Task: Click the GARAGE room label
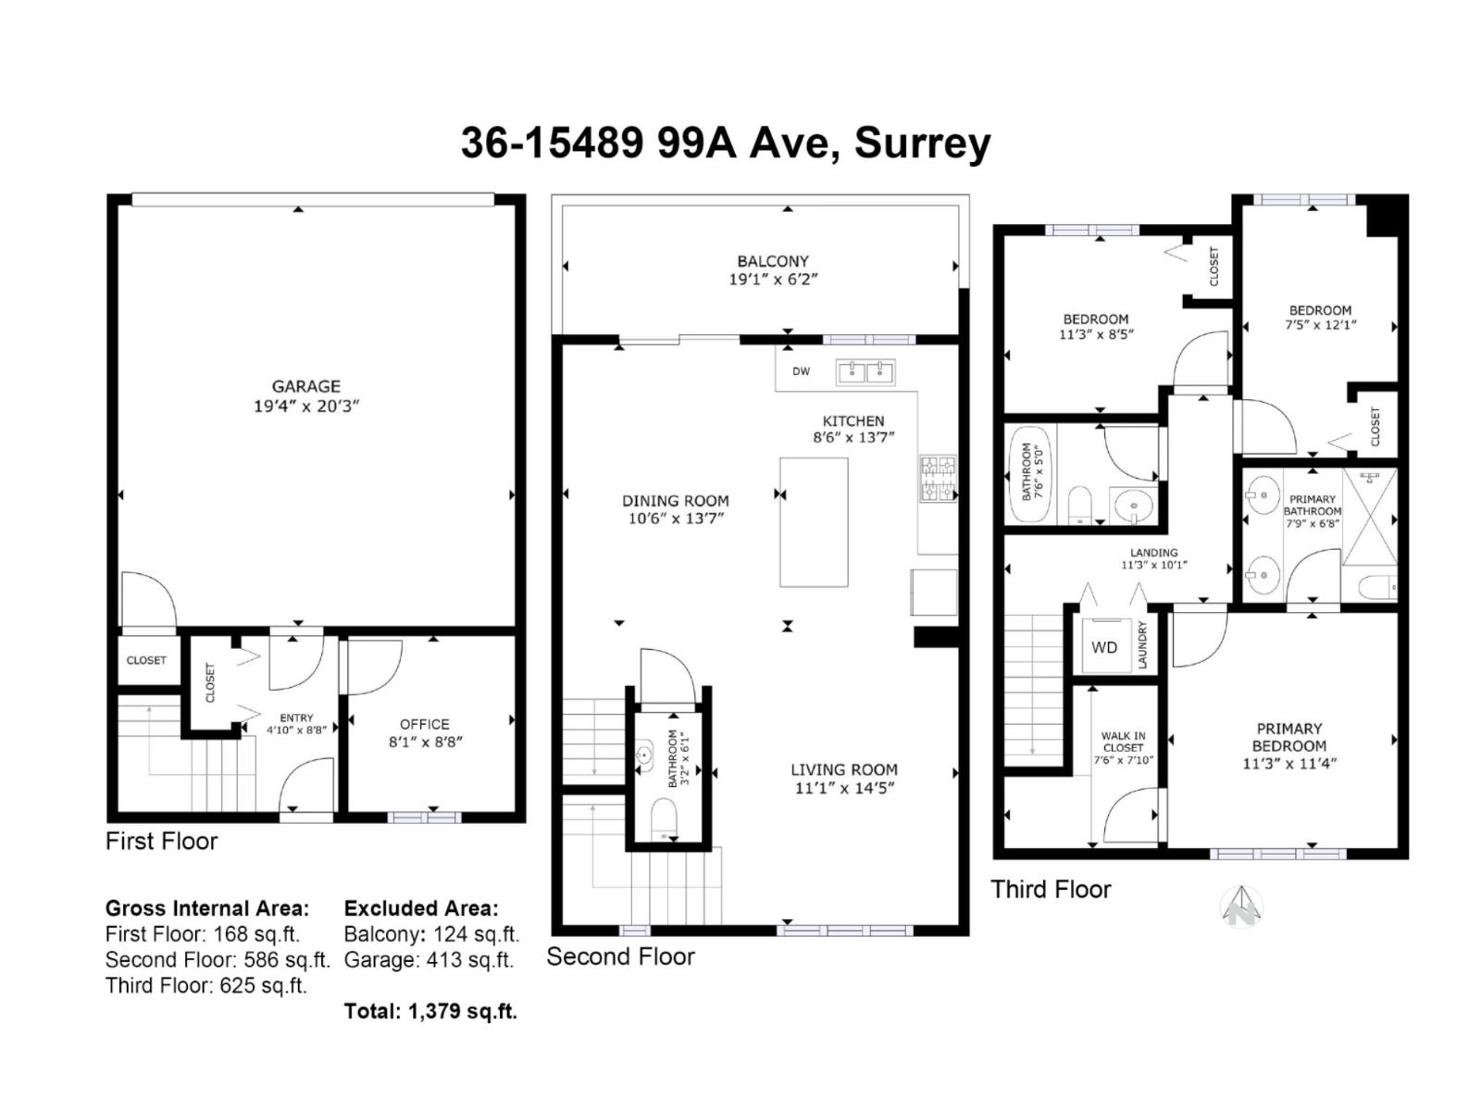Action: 305,386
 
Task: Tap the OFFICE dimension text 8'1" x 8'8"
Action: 424,742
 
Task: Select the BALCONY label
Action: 773,261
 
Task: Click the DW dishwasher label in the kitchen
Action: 801,371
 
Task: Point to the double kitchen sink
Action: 865,371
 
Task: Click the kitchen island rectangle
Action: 814,522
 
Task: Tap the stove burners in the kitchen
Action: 939,479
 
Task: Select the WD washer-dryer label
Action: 1104,647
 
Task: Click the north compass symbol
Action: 1241,906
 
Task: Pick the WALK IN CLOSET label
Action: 1123,742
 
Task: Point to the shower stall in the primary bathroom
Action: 1369,517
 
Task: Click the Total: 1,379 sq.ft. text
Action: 430,1010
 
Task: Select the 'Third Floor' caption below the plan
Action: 1051,889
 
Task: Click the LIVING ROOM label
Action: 844,769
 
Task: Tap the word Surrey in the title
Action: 922,144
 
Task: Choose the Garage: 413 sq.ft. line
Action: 429,960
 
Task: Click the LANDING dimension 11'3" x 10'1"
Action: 1153,565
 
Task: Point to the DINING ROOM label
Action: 676,501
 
